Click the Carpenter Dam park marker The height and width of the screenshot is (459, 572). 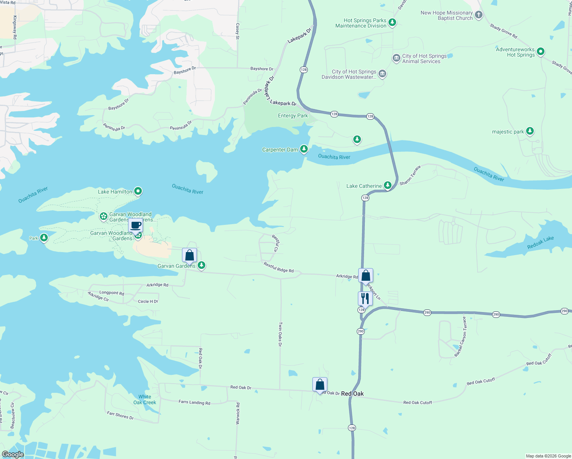(304, 149)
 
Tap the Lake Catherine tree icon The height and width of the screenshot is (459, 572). (388, 186)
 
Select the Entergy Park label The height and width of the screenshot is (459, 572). (292, 116)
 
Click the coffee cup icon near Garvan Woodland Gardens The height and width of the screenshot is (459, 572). (135, 225)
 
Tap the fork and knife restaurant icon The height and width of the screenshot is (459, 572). (365, 298)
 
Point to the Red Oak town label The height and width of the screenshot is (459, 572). (352, 394)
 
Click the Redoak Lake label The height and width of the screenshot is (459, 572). (540, 243)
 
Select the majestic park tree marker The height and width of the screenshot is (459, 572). (530, 131)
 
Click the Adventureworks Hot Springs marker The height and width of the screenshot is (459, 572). (540, 52)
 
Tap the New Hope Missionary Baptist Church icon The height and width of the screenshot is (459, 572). (478, 15)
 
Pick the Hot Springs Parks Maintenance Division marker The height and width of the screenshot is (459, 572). (392, 22)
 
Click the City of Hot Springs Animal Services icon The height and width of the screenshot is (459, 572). (396, 58)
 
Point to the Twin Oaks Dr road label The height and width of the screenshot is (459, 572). (280, 334)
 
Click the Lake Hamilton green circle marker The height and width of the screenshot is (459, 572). (138, 191)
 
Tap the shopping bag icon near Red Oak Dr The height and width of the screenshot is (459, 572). (320, 384)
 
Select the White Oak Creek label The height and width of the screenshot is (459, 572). (145, 399)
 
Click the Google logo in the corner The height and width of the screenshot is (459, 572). (13, 454)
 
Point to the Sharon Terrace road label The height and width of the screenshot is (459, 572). (410, 175)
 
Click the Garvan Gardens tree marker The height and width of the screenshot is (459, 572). (201, 265)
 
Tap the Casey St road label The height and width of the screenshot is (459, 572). (237, 31)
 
